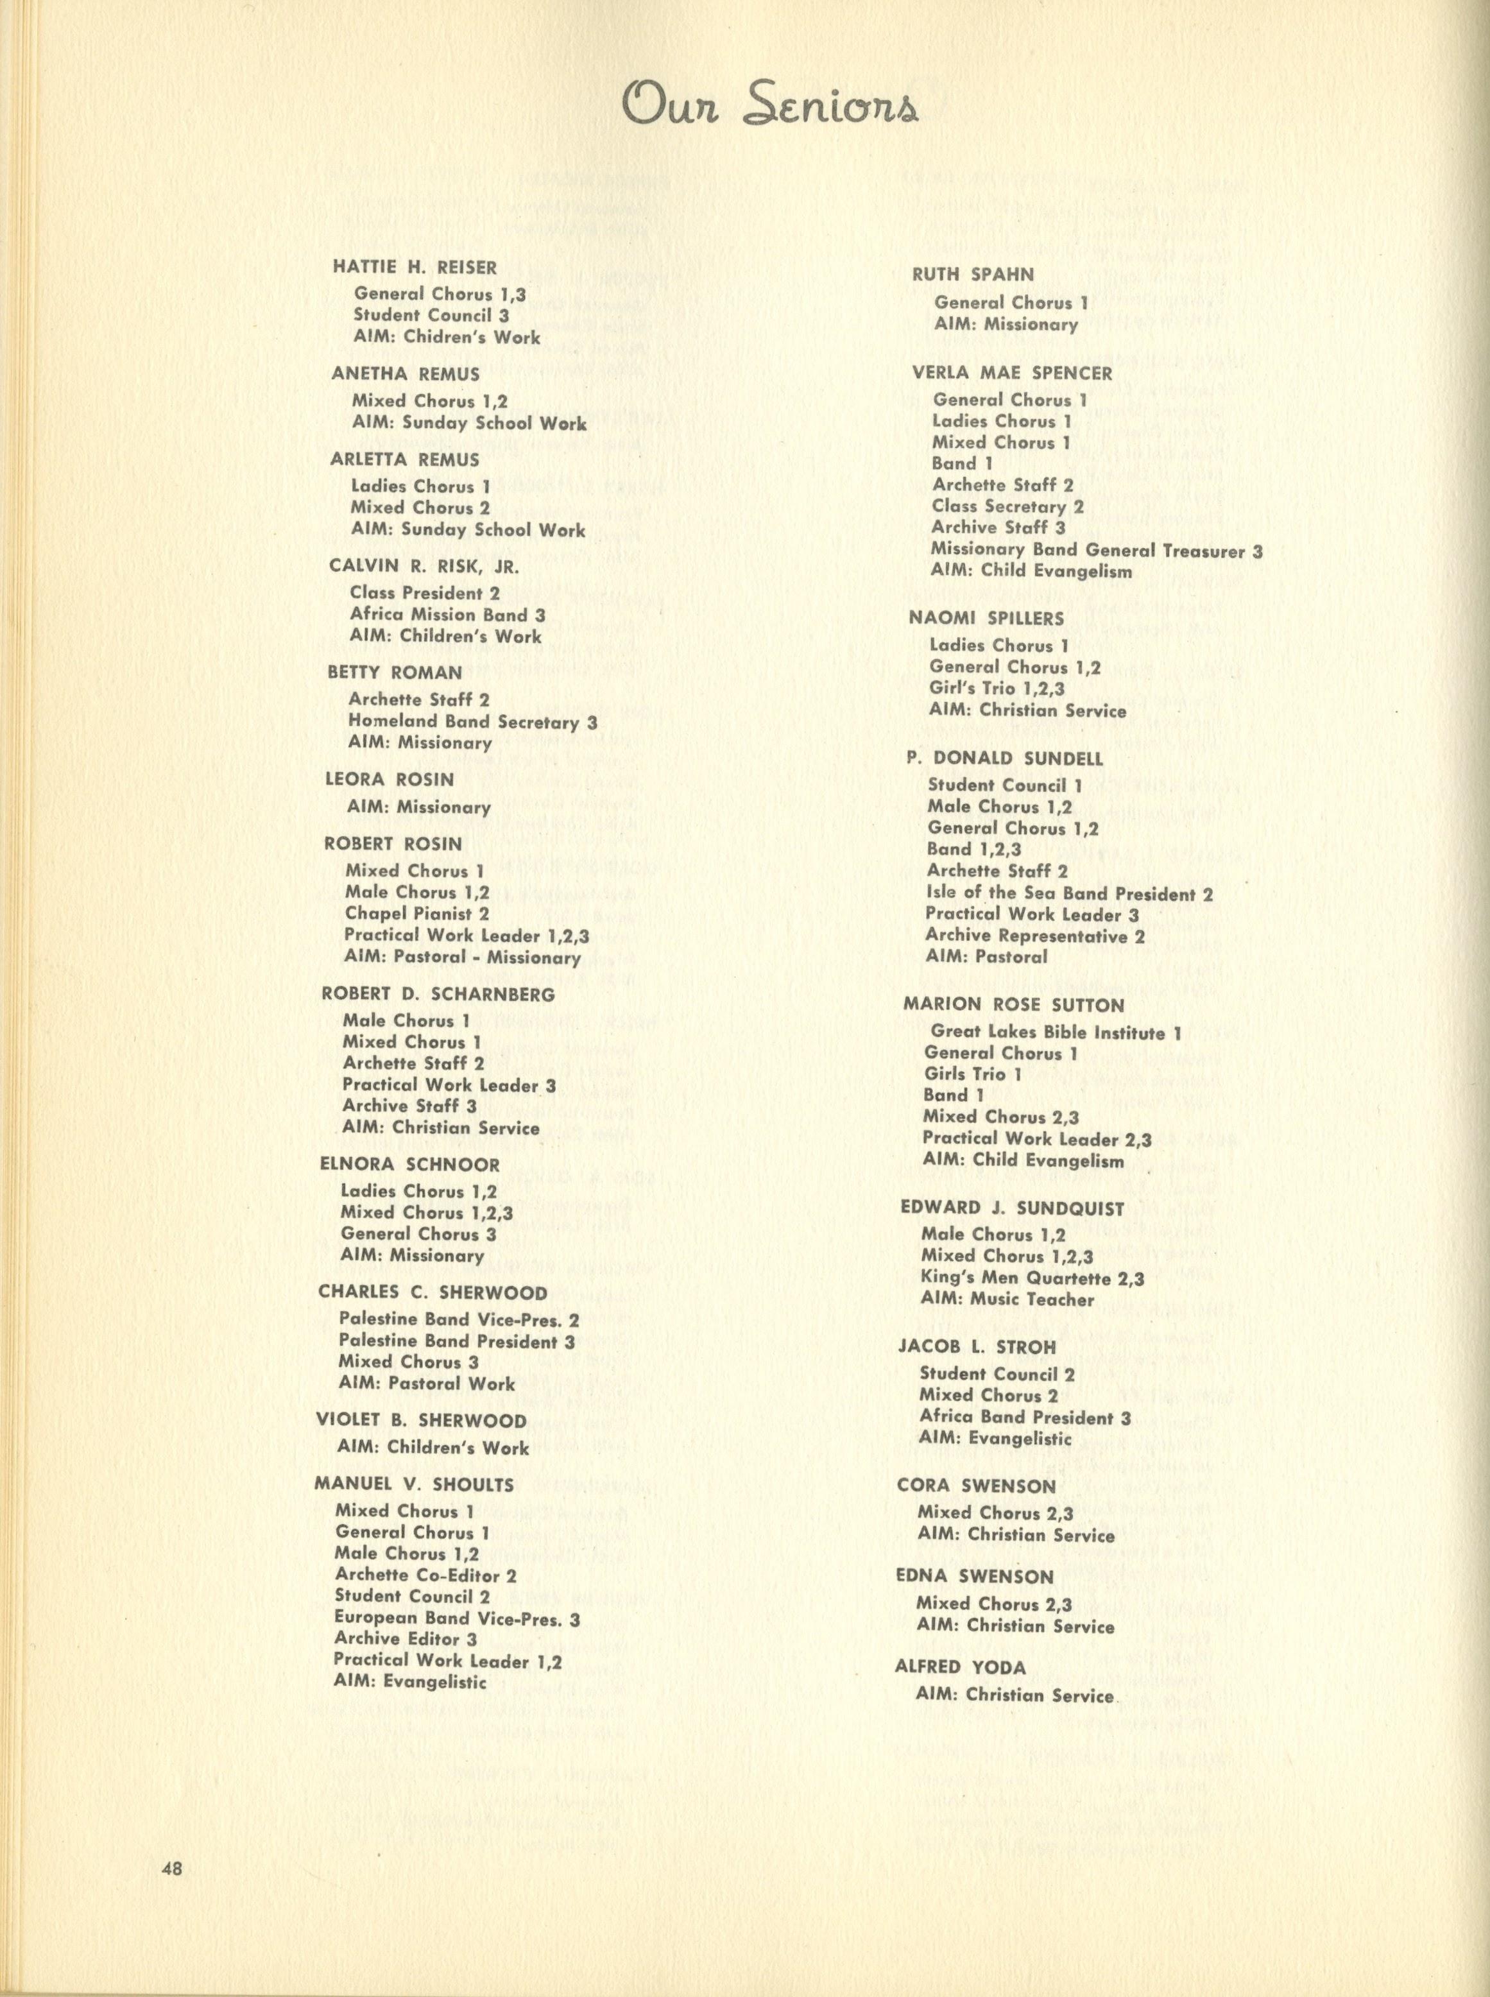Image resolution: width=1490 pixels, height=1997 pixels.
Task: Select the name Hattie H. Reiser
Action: click(415, 267)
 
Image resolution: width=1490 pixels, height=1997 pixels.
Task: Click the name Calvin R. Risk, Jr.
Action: click(424, 567)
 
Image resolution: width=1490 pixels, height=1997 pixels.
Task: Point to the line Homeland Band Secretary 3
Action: click(473, 721)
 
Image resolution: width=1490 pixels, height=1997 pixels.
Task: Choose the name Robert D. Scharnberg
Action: click(438, 994)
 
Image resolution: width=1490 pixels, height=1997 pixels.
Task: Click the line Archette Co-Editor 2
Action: click(425, 1576)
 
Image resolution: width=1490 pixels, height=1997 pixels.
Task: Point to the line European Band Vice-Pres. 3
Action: click(458, 1619)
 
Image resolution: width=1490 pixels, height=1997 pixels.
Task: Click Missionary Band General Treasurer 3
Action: click(1097, 550)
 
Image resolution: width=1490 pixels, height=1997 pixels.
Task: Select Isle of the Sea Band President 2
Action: click(1069, 894)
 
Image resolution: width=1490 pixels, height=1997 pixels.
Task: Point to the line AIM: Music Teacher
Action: click(1007, 1299)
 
